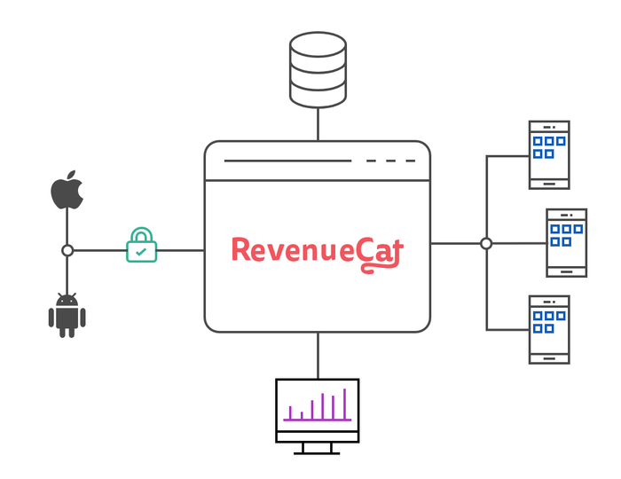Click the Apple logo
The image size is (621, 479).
coord(67,192)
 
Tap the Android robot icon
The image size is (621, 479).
coord(67,316)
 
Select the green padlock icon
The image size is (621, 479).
coord(141,245)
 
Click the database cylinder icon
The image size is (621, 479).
coord(318,70)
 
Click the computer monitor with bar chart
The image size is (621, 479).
coord(318,416)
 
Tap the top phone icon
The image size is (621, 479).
coord(549,155)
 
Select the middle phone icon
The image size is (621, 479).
coord(566,243)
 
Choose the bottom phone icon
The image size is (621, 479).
coord(549,330)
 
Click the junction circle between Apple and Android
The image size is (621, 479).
coord(67,250)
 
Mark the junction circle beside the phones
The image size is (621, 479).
coord(486,243)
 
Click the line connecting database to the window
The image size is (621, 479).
coord(318,124)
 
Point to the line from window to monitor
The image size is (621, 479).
coord(318,356)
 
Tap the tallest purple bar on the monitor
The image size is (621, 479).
coord(344,404)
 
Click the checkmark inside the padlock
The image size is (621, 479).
coord(141,252)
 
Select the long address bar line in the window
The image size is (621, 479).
coord(288,161)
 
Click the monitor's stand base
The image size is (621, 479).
coord(317,453)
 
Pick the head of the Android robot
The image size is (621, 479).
coord(67,300)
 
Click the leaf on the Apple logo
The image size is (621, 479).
coord(71,176)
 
